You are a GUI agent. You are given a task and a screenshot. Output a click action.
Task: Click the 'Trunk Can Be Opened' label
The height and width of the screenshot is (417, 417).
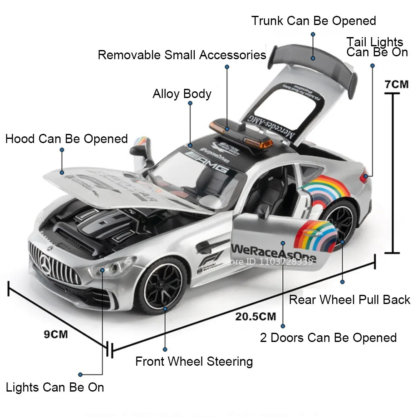(x=314, y=21)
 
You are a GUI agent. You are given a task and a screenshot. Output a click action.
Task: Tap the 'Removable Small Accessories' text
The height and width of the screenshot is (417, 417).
(x=182, y=55)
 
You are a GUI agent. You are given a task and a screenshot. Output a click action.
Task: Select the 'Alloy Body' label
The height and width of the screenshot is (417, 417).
(x=182, y=94)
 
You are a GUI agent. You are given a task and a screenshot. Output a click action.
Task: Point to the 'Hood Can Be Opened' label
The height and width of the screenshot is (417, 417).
(x=66, y=138)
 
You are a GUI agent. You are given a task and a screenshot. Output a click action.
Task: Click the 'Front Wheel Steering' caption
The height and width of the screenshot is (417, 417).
(x=194, y=361)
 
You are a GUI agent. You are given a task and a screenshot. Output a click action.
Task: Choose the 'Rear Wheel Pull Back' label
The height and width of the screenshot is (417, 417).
(x=349, y=299)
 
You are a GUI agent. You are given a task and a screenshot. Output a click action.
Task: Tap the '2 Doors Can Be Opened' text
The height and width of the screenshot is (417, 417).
(x=328, y=337)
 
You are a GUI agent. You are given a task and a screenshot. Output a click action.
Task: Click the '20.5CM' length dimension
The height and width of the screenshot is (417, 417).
(x=256, y=316)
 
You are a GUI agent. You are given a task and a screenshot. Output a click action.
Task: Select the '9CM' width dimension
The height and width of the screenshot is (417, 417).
(x=56, y=334)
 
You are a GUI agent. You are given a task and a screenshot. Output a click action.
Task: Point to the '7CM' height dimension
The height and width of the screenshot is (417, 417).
(x=396, y=84)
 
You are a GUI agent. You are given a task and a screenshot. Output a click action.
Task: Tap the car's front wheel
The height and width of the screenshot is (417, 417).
(x=163, y=285)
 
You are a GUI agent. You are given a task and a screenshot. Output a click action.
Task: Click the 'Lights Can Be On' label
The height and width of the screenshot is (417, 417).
(x=55, y=387)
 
